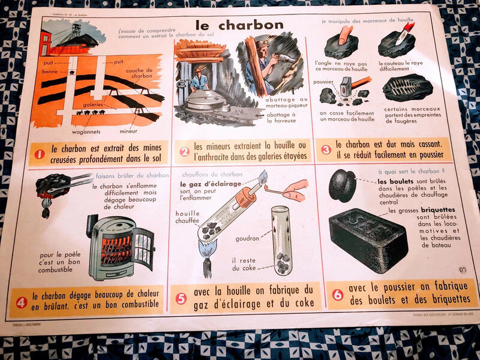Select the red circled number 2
(x=184, y=152)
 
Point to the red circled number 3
(x=326, y=149)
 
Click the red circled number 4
(x=22, y=302)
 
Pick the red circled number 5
(x=181, y=298)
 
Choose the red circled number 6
(x=337, y=294)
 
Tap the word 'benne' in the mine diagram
(x=50, y=70)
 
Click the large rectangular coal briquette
(x=368, y=238)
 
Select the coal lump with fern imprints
(x=407, y=88)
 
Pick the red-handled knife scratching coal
(x=404, y=30)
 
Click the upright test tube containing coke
(x=281, y=239)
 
